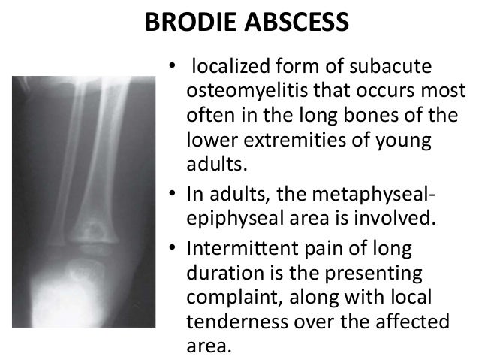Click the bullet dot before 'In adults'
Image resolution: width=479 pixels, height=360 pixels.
tap(171, 198)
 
